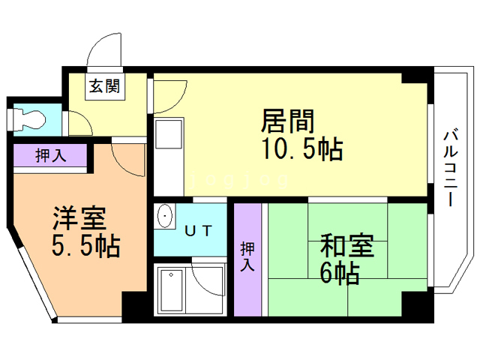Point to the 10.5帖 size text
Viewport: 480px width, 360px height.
(x=302, y=149)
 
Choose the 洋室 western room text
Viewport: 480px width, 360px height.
(x=79, y=217)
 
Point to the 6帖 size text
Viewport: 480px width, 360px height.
(x=340, y=273)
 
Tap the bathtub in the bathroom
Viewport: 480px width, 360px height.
(x=172, y=289)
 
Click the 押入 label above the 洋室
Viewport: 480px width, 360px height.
(x=51, y=156)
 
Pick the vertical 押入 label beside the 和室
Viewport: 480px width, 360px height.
(x=247, y=257)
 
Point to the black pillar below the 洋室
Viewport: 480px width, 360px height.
(x=136, y=306)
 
